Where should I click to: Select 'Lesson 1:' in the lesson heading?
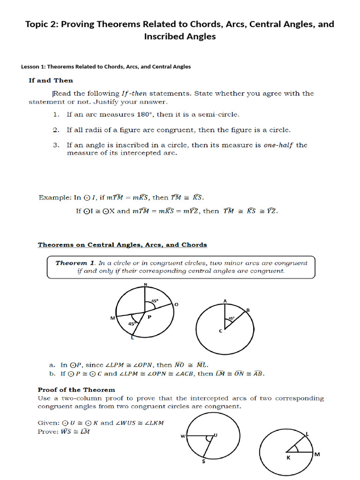(x=33, y=67)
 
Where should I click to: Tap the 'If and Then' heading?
(x=51, y=80)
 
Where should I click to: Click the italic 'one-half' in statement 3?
(x=278, y=145)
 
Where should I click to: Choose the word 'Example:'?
(x=54, y=197)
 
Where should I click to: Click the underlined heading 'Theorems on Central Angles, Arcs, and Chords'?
(x=122, y=245)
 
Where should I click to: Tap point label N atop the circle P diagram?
(x=145, y=284)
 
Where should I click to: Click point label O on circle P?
(x=176, y=305)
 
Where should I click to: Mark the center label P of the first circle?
(x=150, y=317)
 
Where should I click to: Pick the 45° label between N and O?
(x=154, y=301)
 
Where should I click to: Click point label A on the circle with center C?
(x=225, y=300)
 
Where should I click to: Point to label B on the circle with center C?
(x=248, y=309)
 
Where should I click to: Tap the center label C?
(x=220, y=331)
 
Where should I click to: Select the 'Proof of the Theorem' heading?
(x=76, y=390)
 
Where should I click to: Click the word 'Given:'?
(x=48, y=423)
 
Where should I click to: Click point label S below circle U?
(x=203, y=462)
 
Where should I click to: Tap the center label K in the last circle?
(x=288, y=458)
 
